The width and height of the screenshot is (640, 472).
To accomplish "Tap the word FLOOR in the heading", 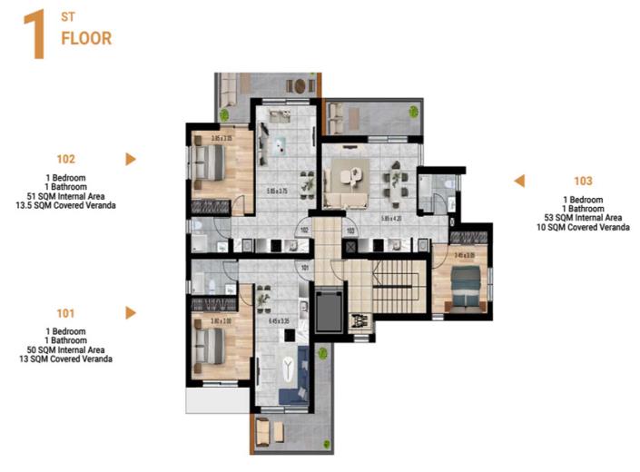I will pos(85,39).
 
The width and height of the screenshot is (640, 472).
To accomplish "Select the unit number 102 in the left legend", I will pos(65,158).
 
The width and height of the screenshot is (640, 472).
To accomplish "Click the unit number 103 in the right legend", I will pos(583,181).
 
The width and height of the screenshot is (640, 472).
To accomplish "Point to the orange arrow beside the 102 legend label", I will pos(131,159).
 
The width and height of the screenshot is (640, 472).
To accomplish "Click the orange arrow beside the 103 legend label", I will pos(519,181).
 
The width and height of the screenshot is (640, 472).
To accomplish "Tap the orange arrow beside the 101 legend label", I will pos(131,313).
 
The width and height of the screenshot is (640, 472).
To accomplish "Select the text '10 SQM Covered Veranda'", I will pos(583,227).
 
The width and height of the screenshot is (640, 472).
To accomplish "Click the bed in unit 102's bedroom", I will pos(212,162).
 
